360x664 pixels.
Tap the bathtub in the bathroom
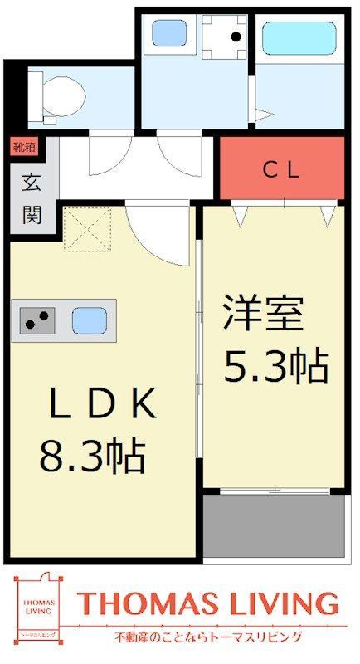pos(299,38)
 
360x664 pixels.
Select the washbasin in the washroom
pos(169,33)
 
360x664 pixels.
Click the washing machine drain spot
pos(236,37)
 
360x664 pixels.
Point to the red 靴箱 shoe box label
pos(24,148)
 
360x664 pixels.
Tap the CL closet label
pos(281,170)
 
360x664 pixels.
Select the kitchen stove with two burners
pos(37,320)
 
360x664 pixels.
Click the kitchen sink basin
pos(89,320)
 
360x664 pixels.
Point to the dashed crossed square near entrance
pos(88,229)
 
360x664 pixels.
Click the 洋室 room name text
pos(263,315)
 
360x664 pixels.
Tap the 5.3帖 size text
pos(275,366)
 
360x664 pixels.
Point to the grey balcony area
pos(274,525)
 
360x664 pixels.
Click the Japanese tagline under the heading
pos(208,637)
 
